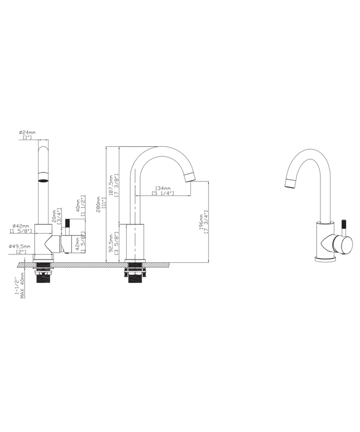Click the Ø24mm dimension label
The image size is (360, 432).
27,133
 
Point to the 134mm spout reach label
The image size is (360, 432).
162,189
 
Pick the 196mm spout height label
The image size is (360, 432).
203,222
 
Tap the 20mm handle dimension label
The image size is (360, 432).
55,215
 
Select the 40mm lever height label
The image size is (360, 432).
78,205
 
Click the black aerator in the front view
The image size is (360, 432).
43,180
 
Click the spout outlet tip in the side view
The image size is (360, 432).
190,178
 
